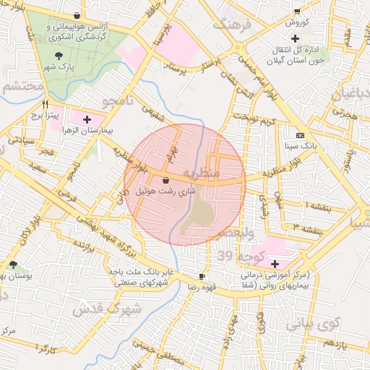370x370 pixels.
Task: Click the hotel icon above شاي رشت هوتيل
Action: (167, 180)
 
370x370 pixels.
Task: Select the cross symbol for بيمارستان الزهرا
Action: (88, 119)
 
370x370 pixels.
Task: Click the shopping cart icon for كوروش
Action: (297, 11)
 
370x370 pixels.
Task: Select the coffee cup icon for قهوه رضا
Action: (202, 276)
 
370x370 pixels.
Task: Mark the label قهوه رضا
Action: (204, 287)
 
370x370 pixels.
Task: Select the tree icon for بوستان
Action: (14, 265)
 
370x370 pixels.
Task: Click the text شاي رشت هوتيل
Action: (167, 191)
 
